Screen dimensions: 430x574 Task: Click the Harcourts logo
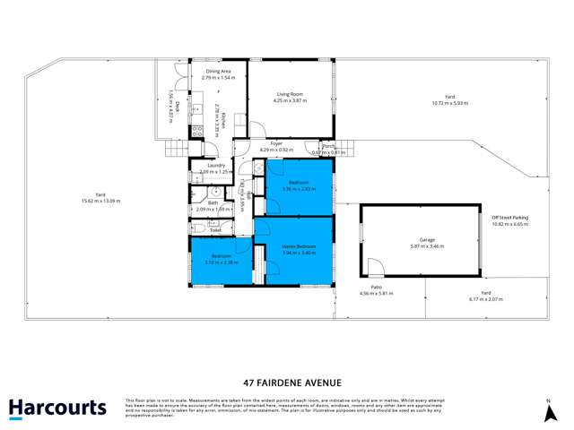(x=57, y=408)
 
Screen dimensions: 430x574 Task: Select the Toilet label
(x=215, y=230)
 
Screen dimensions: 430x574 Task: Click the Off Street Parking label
(x=509, y=218)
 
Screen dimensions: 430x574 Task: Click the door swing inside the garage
(x=374, y=267)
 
